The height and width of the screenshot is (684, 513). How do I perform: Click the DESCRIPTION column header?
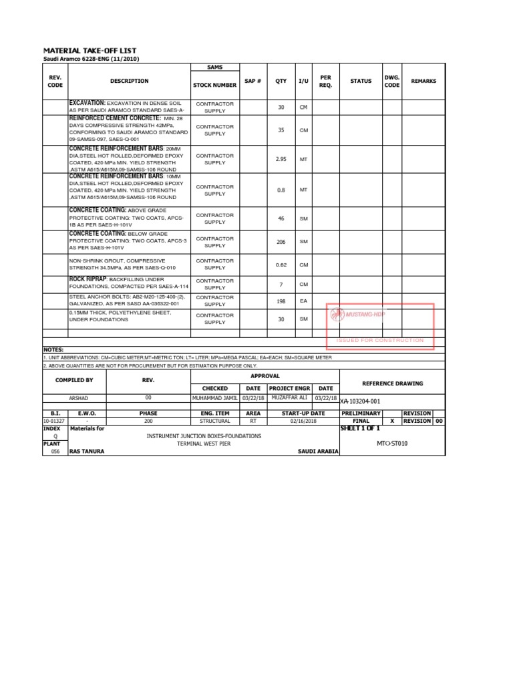point(130,81)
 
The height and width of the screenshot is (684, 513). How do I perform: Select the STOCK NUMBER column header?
point(214,85)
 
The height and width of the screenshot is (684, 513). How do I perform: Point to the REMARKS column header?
point(423,81)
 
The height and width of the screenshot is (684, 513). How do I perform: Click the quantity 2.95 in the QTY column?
point(281,159)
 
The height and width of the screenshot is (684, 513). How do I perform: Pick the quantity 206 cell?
point(281,242)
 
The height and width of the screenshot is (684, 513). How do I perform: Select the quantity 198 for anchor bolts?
point(281,301)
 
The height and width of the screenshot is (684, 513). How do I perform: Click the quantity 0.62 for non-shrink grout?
point(281,265)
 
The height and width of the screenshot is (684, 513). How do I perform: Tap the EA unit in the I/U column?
point(303,301)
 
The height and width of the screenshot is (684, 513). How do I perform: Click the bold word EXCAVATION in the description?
point(88,103)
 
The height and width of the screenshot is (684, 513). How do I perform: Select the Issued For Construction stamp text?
point(380,340)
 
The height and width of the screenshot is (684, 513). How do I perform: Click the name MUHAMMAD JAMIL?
point(214,398)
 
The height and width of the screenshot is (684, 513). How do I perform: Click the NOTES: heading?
point(53,349)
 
